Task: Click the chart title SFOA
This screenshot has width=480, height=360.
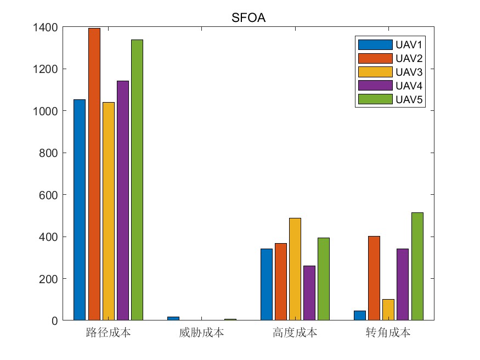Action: (249, 18)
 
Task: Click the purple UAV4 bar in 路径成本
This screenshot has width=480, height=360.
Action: (123, 200)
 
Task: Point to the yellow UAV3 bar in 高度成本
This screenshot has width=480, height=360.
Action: (295, 269)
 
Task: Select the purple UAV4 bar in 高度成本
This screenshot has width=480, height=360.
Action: (309, 292)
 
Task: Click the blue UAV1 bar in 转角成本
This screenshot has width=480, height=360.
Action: (360, 316)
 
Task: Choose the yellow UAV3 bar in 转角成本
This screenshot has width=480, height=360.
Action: (388, 310)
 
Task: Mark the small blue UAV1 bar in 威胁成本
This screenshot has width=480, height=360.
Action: (173, 318)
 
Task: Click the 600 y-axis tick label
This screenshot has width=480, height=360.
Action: (48, 195)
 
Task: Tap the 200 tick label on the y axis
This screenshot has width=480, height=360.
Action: (48, 279)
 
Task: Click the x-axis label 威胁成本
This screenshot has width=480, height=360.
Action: (201, 333)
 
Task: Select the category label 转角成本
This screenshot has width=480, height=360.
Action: (388, 333)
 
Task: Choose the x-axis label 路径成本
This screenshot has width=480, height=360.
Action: (108, 333)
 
